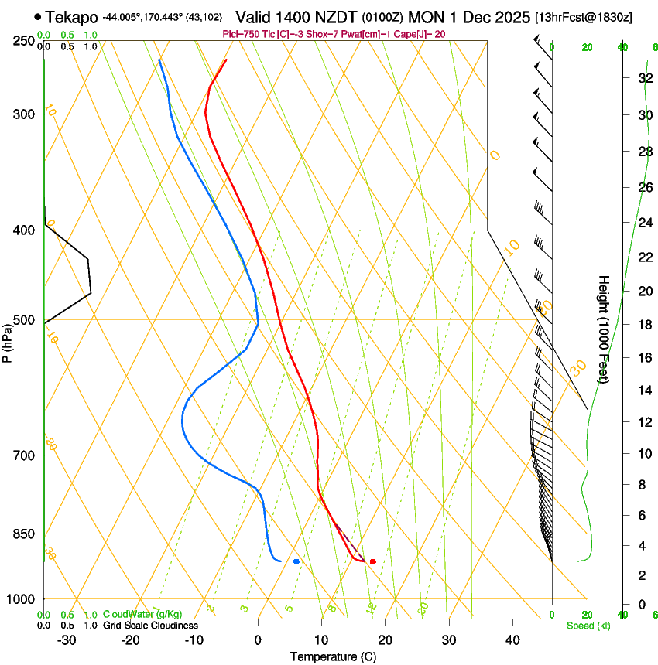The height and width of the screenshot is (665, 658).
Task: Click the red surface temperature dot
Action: click(372, 561)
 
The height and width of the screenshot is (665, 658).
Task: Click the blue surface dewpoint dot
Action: click(296, 561)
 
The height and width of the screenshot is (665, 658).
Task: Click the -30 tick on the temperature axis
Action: click(67, 640)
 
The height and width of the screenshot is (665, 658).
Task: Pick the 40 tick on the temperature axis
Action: click(512, 640)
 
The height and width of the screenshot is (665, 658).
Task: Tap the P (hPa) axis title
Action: click(8, 340)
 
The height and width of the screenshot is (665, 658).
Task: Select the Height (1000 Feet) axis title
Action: click(604, 329)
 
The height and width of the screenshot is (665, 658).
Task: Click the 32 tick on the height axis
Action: click(644, 78)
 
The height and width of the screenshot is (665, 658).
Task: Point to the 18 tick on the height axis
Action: click(644, 324)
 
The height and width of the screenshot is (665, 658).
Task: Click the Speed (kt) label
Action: click(588, 626)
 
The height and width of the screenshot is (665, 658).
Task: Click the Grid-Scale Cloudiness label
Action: click(150, 626)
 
